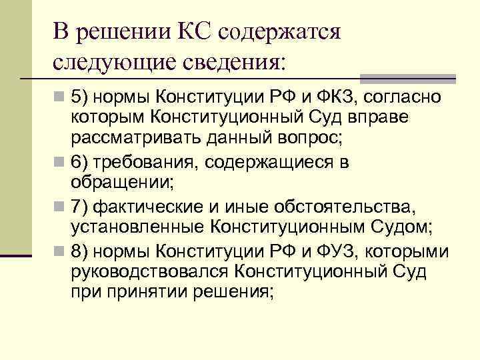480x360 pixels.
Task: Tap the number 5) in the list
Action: click(x=79, y=98)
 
